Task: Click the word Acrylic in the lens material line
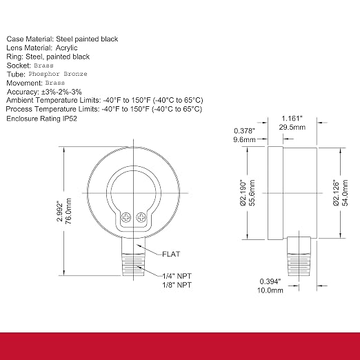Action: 66,48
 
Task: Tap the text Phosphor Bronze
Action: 58,74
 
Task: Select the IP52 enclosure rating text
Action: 70,119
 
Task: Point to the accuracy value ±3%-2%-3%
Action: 61,92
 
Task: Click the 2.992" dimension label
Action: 60,212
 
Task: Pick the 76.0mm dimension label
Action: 68,211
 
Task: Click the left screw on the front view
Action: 126,217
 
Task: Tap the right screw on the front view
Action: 141,217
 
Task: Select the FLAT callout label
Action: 171,254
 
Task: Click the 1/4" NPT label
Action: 177,276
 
